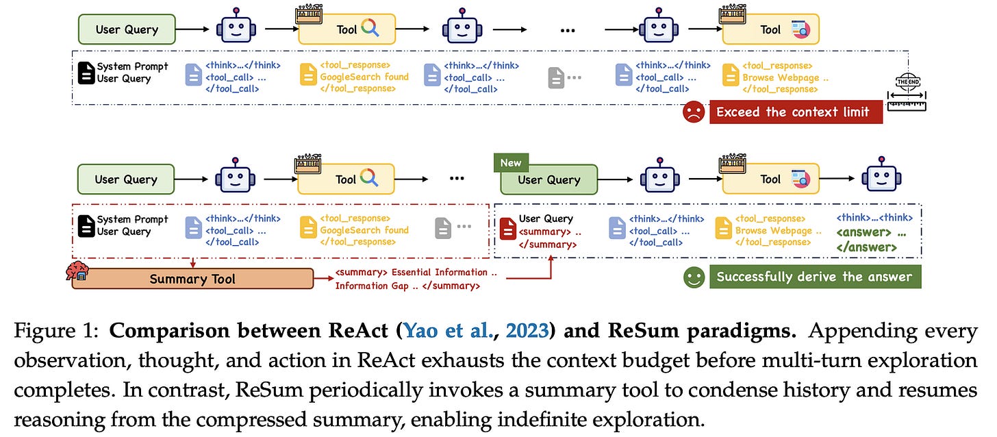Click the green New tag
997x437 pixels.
point(511,163)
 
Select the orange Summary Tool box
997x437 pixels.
point(192,278)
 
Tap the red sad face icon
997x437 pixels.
point(693,112)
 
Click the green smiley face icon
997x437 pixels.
point(693,277)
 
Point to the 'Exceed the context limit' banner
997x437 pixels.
point(796,112)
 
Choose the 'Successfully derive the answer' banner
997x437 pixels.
point(815,277)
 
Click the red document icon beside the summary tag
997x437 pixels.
point(507,228)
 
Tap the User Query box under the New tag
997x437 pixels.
point(549,180)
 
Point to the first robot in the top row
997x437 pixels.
point(235,29)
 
